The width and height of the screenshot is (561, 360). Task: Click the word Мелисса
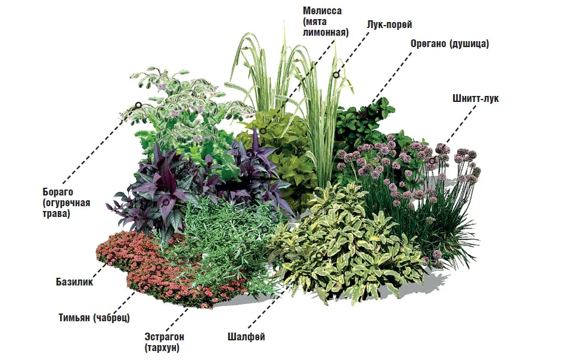322,11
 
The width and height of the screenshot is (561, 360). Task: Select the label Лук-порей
390,24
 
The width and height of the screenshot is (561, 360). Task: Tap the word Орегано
428,44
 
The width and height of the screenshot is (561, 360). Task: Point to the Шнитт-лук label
476,98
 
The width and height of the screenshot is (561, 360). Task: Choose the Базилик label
75,282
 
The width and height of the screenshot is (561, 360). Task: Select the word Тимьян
74,318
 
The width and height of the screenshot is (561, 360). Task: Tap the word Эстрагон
164,337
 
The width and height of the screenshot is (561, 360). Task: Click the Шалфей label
246,337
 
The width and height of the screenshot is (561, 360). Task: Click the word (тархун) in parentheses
162,347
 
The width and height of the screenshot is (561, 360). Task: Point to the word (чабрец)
111,318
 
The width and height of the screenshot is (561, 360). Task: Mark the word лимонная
326,33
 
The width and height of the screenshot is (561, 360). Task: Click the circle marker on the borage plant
138,105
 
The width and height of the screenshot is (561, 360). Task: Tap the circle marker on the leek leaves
336,75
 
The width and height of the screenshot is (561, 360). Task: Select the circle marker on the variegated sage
319,255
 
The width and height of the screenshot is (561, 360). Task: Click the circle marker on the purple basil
166,203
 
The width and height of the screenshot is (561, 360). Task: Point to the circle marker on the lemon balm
263,131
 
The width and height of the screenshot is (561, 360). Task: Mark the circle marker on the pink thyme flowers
159,267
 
